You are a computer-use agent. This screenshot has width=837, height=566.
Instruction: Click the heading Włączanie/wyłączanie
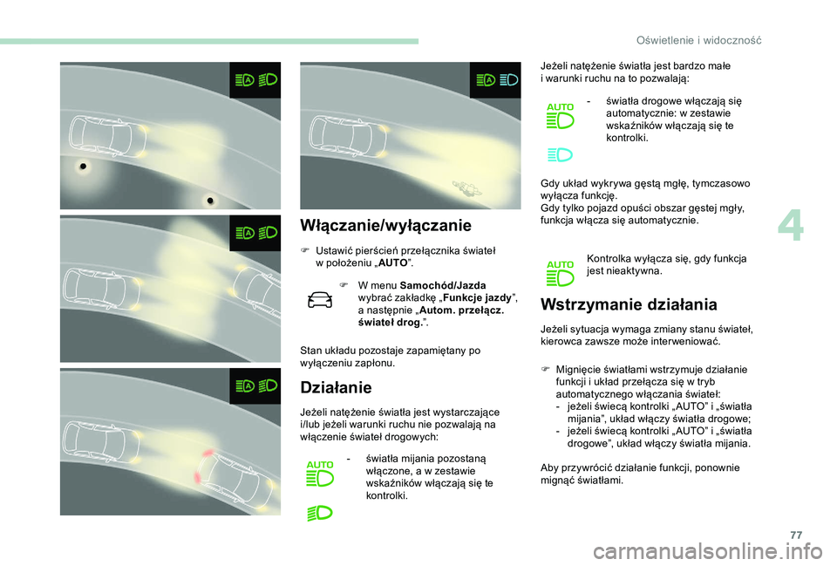(385, 225)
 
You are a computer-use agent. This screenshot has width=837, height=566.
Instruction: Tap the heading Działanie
(336, 387)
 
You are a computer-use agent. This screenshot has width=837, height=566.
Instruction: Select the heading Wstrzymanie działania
(629, 304)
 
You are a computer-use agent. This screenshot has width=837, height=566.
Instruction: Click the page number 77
(796, 535)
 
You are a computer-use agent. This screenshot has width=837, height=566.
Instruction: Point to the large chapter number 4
(791, 227)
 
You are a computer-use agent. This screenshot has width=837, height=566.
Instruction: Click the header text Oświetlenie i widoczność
(698, 40)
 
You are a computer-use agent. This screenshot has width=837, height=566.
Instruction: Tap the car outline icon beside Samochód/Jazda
(320, 299)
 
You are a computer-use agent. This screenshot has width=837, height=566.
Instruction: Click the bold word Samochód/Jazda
(443, 285)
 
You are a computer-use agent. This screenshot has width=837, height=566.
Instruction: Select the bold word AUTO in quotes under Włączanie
(392, 263)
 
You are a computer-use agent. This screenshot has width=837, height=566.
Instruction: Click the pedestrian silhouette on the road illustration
(468, 188)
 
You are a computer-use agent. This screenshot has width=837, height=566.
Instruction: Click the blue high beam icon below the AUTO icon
(560, 155)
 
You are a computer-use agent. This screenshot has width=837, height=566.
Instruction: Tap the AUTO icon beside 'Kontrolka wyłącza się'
(560, 273)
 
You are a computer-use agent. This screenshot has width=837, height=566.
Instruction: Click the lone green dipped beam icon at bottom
(320, 513)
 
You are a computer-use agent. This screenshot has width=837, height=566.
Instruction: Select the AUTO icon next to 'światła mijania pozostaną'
(320, 474)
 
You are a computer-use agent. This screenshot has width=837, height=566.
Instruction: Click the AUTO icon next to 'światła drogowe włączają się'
(560, 116)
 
